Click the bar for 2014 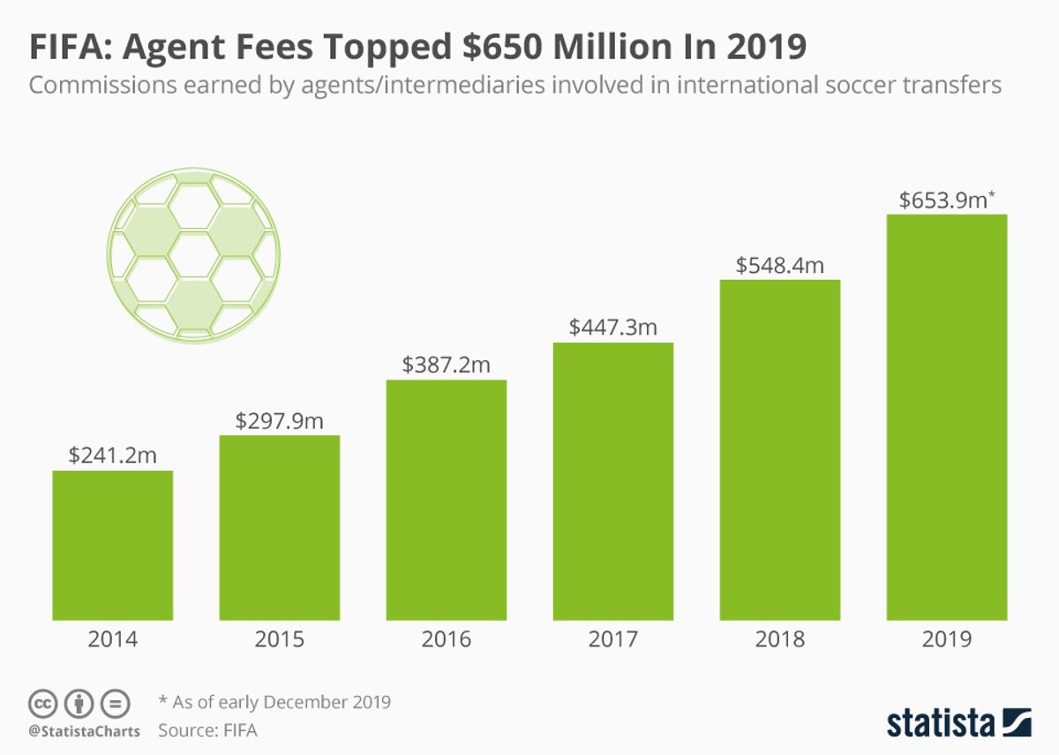[x=113, y=545]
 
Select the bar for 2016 [x=447, y=500]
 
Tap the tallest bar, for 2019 [x=947, y=417]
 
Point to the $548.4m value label [x=779, y=266]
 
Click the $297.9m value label [x=280, y=421]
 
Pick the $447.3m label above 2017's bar [x=613, y=328]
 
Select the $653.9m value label [x=947, y=200]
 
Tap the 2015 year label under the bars [x=280, y=639]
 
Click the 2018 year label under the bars [x=779, y=639]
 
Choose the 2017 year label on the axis [x=613, y=639]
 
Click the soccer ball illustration [x=193, y=255]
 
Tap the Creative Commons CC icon [x=42, y=704]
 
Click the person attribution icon [x=79, y=704]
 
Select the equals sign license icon [x=115, y=704]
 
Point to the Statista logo [x=958, y=722]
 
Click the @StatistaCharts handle [x=84, y=731]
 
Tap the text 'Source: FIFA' [x=207, y=730]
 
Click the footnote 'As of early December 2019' [x=282, y=702]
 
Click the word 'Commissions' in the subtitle [x=102, y=85]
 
